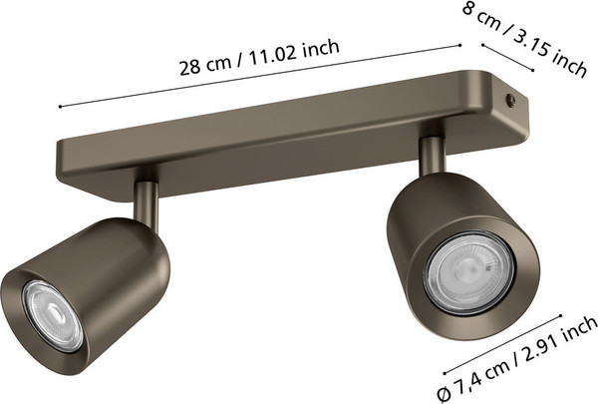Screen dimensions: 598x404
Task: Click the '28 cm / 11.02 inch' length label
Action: pyautogui.click(x=259, y=57)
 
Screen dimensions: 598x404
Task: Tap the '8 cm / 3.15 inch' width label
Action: pyautogui.click(x=525, y=38)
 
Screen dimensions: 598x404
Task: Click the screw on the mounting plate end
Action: pyautogui.click(x=510, y=100)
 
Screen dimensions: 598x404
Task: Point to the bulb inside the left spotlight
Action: pyautogui.click(x=53, y=315)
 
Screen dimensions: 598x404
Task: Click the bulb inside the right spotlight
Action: pyautogui.click(x=469, y=272)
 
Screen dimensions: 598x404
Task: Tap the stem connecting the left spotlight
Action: pyautogui.click(x=146, y=205)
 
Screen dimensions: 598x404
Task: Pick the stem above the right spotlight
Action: pyautogui.click(x=433, y=156)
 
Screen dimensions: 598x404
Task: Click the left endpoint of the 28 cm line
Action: pyautogui.click(x=60, y=107)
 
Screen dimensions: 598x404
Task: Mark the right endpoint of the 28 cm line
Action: pyautogui.click(x=459, y=45)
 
